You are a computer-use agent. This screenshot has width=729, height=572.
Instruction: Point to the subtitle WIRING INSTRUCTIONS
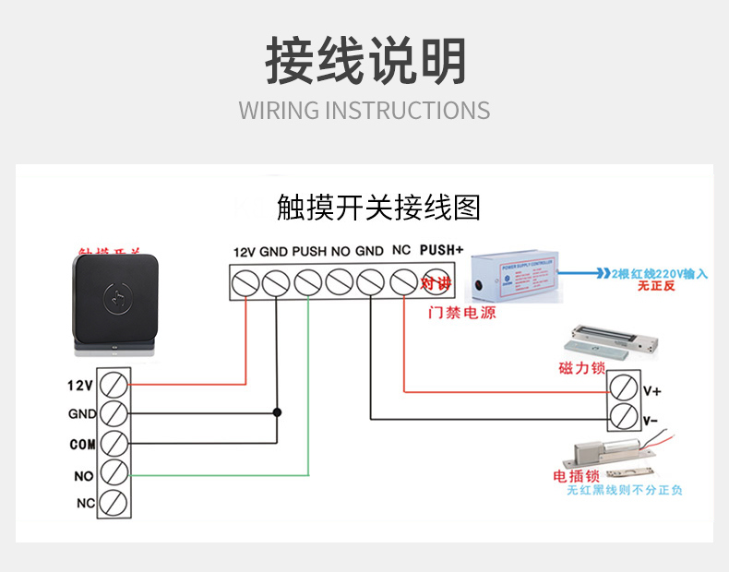[x=364, y=111]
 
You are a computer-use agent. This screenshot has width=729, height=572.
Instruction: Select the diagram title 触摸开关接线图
[x=378, y=209]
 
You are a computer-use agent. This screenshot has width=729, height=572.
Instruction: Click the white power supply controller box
[x=512, y=276]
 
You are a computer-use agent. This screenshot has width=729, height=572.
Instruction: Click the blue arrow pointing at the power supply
[x=581, y=274]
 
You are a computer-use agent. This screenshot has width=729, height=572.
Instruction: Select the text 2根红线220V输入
[x=658, y=273]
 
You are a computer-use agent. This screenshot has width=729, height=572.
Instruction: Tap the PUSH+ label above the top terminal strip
[x=441, y=250]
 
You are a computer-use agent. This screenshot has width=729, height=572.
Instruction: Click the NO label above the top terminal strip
[x=340, y=251]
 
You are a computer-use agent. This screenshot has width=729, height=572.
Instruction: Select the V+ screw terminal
[x=624, y=387]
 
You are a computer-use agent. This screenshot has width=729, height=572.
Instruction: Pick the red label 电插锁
[x=577, y=476]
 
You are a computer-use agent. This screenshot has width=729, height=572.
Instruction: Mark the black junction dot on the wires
[x=276, y=412]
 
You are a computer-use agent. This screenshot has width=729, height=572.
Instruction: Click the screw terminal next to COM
[x=113, y=443]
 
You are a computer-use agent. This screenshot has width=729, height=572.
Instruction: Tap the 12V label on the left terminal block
[x=81, y=384]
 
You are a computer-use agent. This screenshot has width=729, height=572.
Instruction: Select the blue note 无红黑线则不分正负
[x=625, y=491]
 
